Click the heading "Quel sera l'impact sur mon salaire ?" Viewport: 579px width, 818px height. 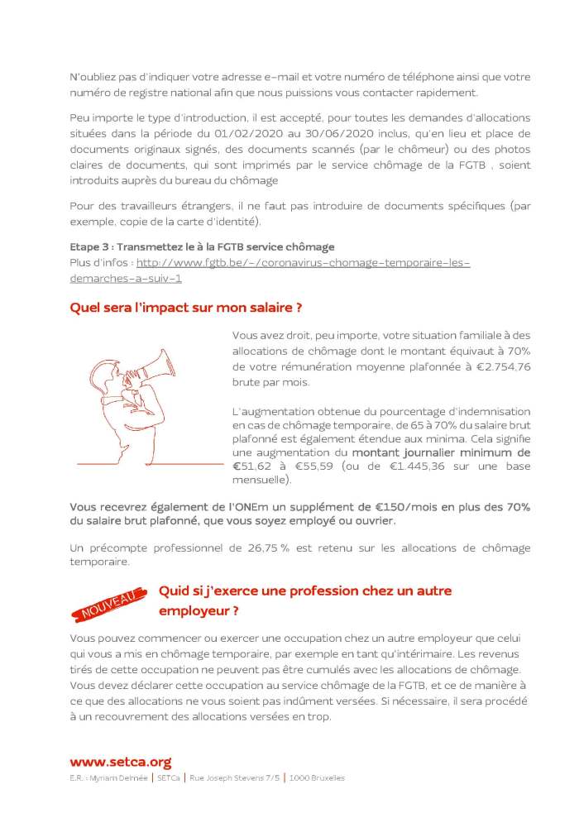(x=185, y=308)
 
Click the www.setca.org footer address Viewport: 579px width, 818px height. (x=120, y=762)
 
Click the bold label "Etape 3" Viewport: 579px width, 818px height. (x=89, y=247)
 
